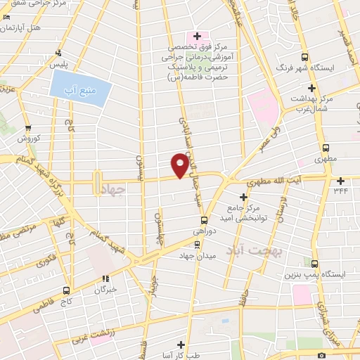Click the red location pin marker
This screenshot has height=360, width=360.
(x=181, y=165)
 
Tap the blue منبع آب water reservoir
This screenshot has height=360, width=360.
(x=81, y=89)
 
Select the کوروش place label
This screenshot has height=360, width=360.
(x=29, y=139)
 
